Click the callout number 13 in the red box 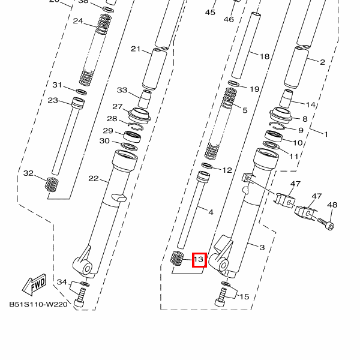pos(199,260)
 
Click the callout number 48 pos(332,205)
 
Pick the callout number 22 pos(93,178)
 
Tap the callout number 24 pos(78,21)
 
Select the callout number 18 pos(265,56)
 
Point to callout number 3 pos(262,247)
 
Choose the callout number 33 pos(122,91)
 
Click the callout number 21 pos(135,49)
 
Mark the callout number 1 pos(326,134)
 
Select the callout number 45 pos(210,12)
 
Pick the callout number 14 pos(311,104)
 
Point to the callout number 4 pos(211,212)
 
